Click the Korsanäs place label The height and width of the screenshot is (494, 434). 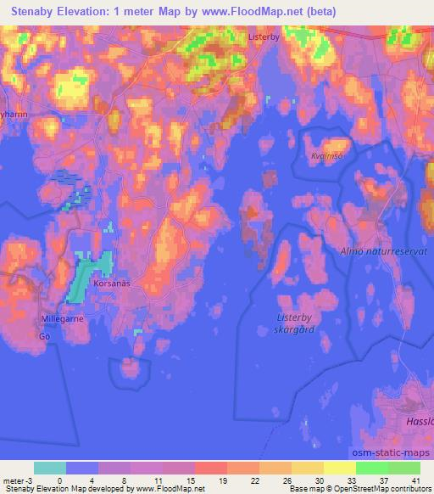point(112,285)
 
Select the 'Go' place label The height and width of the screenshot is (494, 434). point(44,336)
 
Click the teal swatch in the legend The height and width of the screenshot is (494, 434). point(50,468)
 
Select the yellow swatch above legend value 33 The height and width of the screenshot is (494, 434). point(340,468)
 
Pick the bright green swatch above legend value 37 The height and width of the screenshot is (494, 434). point(372,468)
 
